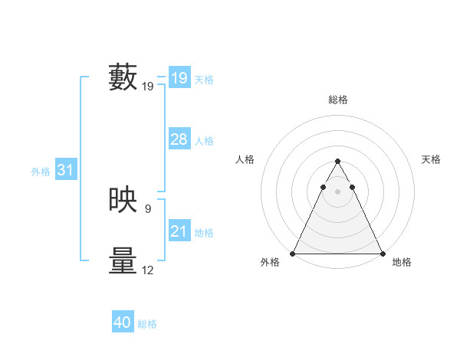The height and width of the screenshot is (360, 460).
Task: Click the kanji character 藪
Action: (123, 78)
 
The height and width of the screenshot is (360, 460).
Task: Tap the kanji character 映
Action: (123, 201)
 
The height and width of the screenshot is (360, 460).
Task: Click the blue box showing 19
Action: (179, 78)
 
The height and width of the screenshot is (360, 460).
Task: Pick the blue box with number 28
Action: (179, 139)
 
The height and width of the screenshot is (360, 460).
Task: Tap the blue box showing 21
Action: (179, 231)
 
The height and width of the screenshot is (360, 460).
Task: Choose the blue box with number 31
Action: (65, 171)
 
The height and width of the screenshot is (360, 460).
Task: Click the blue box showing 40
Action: (123, 323)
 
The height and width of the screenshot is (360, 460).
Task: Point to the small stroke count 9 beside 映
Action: (147, 208)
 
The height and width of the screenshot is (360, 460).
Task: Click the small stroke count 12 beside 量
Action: (148, 270)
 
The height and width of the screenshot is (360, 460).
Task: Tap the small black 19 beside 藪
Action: (148, 87)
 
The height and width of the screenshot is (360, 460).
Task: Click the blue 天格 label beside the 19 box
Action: (204, 80)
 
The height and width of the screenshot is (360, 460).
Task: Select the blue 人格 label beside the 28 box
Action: (204, 141)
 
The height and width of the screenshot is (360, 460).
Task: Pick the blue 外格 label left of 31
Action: (41, 172)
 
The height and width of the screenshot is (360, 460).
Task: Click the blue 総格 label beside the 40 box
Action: (147, 324)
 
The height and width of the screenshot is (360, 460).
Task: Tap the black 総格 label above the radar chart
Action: (337, 100)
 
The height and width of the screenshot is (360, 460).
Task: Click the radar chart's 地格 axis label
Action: (402, 263)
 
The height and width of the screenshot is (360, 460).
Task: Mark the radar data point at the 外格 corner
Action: (293, 254)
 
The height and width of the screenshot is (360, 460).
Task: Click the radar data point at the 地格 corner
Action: (382, 254)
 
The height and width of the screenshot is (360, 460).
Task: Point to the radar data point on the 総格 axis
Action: (337, 162)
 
